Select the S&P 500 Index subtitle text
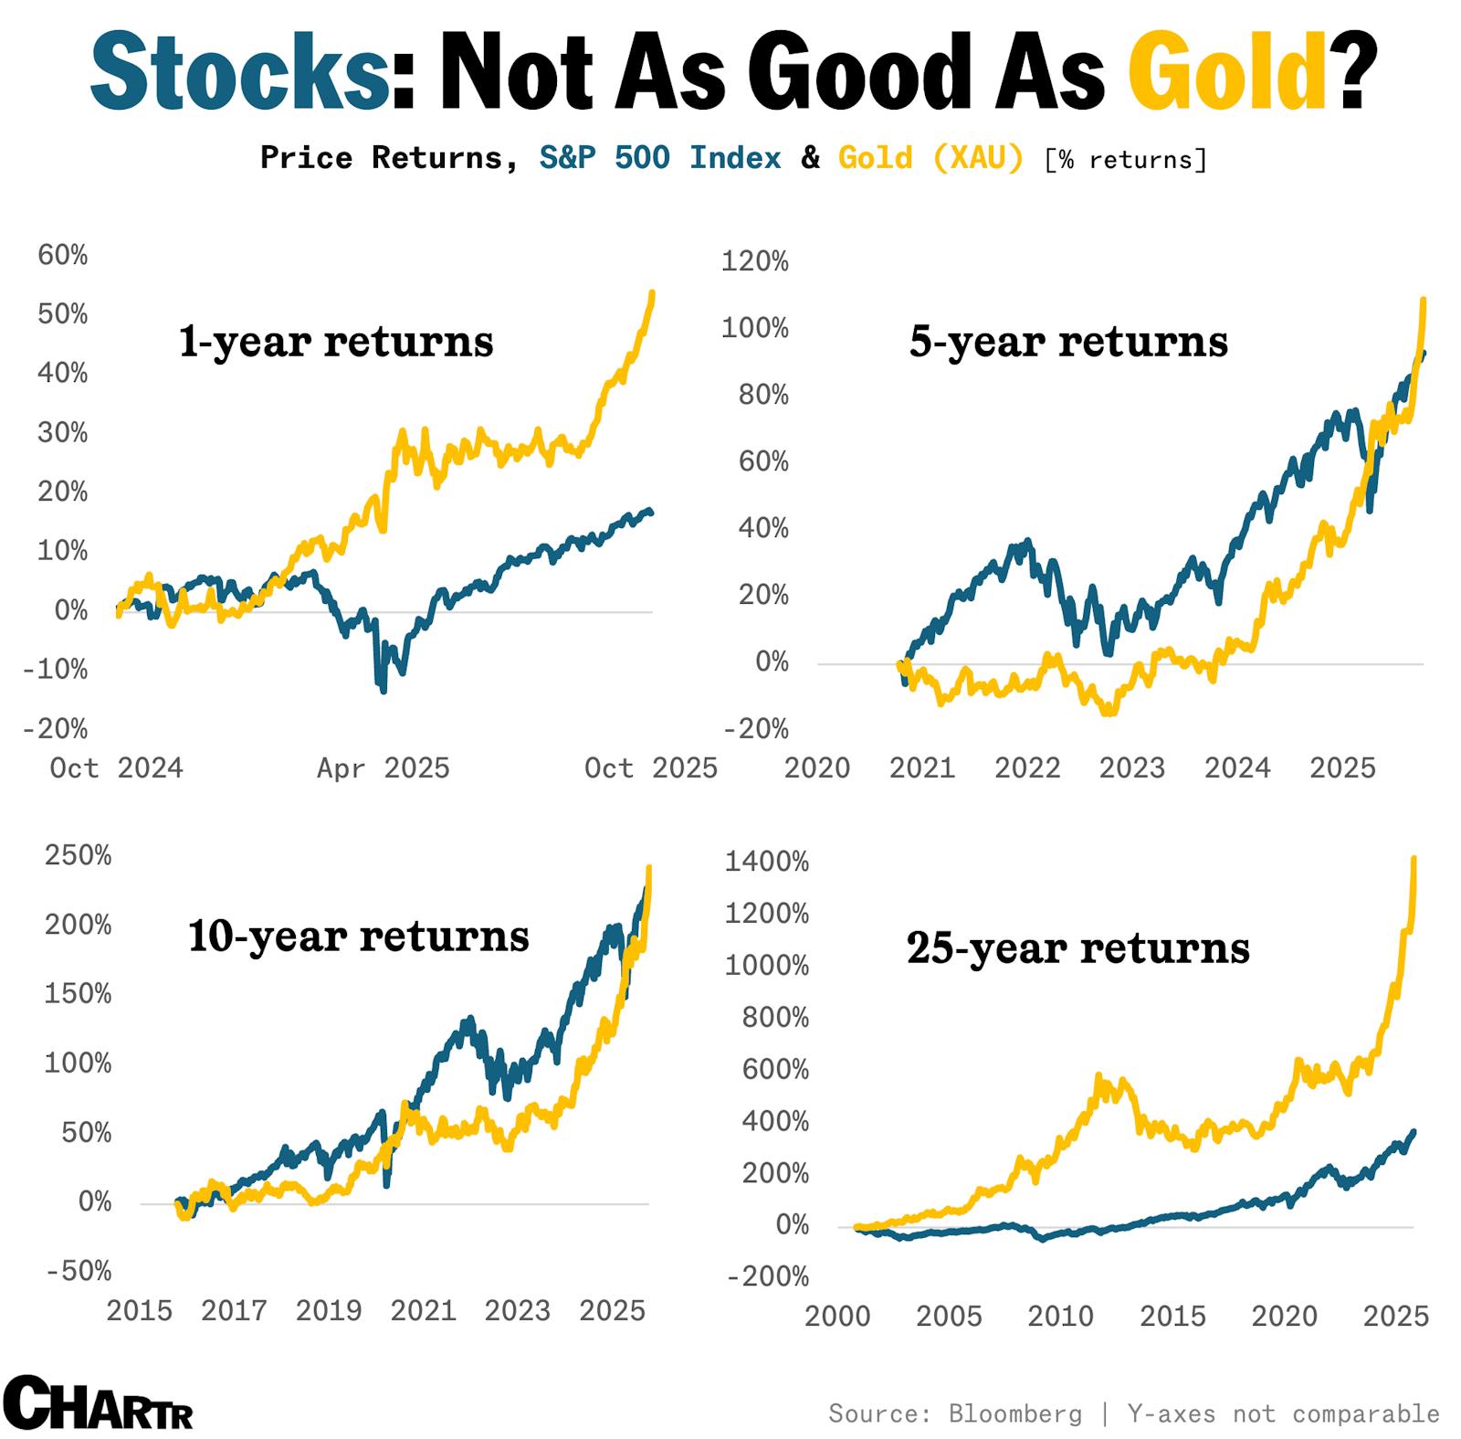coord(659,158)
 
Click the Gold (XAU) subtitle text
coord(930,158)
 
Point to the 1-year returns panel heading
coord(336,342)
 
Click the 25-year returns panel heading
coord(1077,947)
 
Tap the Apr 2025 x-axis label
coord(384,768)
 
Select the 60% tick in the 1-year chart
coord(63,256)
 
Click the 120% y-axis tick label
coord(754,262)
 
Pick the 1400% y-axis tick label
coord(766,862)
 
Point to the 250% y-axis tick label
coord(78,856)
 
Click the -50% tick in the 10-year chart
coord(78,1271)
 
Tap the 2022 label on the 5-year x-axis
coord(1027,768)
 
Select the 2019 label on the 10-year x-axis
coord(329,1311)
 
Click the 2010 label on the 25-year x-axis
coord(1060,1317)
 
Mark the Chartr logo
coord(98,1402)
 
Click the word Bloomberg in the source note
coord(1014,1413)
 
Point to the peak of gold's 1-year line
coord(652,294)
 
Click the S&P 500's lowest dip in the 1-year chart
coord(383,690)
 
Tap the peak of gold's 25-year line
coord(1414,860)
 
